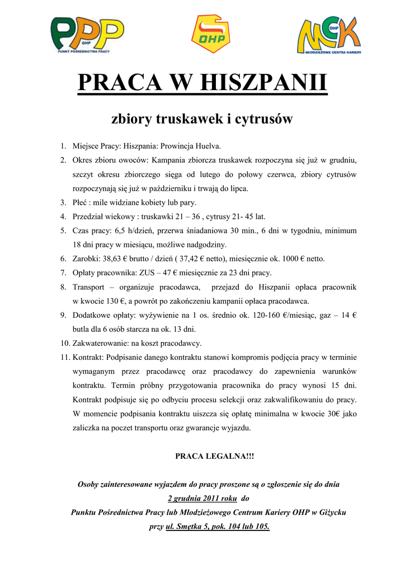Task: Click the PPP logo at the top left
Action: pos(87,35)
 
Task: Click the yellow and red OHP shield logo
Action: pos(210,34)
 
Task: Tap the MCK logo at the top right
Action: pos(329,35)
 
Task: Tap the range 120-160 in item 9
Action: pos(282,315)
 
